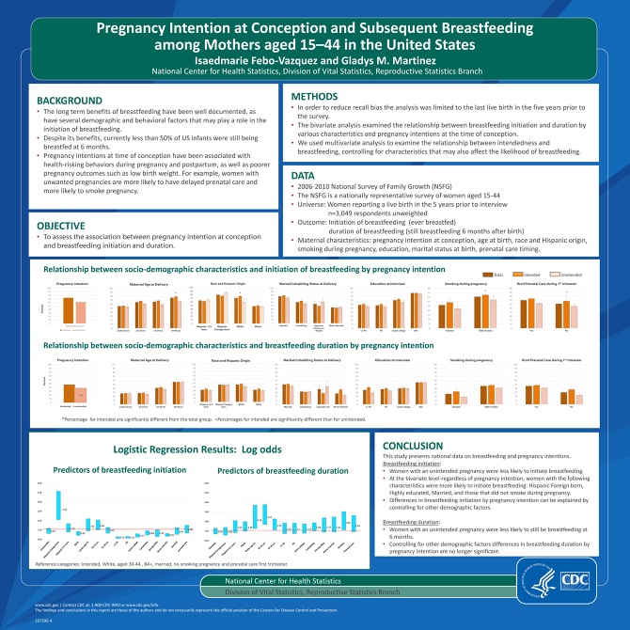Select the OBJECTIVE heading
click(65, 225)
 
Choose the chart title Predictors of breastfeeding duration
click(271, 469)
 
